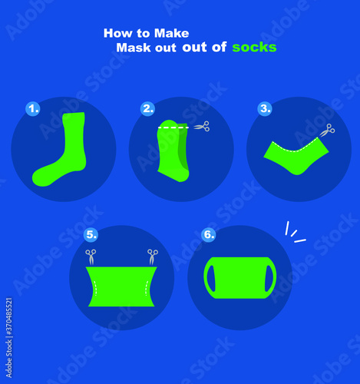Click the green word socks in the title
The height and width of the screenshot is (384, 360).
pos(254,48)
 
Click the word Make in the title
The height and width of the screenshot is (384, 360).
pos(171,33)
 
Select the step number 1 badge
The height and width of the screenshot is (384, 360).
pos(33,108)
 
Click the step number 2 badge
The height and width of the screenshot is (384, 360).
pos(147,108)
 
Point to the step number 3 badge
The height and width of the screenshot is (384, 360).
pos(265,108)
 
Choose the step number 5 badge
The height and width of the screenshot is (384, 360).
pos(91,234)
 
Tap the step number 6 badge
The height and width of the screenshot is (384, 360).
pos(209,234)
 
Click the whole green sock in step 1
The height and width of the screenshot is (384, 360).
pos(60,149)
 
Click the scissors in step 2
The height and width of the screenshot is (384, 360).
pos(202,127)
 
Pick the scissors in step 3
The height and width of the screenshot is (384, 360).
pos(327,130)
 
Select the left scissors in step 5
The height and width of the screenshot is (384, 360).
pos(91,257)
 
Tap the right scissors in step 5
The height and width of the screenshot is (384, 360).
pos(153,257)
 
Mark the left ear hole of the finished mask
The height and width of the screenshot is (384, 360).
pos(211,278)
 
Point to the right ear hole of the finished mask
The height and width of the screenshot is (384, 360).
pos(269,278)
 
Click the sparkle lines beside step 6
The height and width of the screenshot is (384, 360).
pos(295,233)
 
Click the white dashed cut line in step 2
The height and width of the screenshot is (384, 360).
pos(173,127)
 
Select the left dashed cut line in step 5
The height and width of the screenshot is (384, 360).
pos(95,288)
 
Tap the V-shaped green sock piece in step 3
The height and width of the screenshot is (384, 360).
pos(296,156)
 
